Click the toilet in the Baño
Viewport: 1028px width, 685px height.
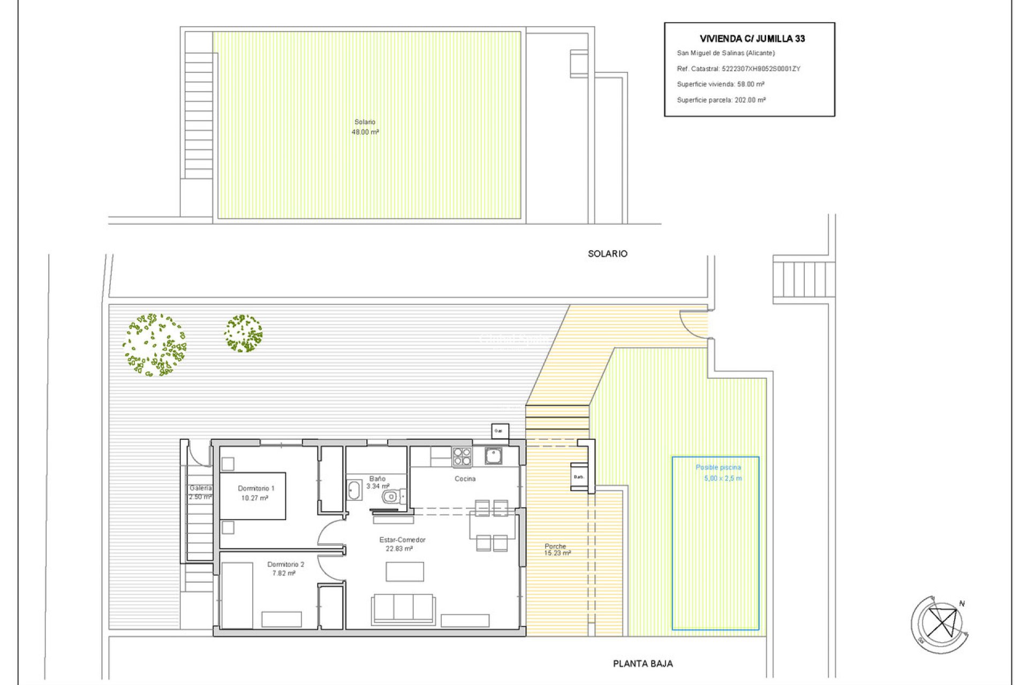point(391,497)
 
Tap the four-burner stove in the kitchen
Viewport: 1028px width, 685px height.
point(462,457)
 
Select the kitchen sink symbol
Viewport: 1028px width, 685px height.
point(493,456)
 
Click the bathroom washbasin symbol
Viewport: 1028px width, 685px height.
point(354,490)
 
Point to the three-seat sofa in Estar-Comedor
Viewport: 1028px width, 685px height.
point(403,608)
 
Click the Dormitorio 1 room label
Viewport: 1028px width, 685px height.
point(256,488)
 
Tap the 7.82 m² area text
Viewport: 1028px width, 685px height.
point(283,573)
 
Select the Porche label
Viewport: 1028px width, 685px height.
point(555,546)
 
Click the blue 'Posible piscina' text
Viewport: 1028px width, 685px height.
point(718,467)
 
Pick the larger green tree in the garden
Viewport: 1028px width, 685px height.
point(154,345)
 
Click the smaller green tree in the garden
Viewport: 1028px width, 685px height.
point(243,333)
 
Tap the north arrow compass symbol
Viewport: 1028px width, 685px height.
point(941,624)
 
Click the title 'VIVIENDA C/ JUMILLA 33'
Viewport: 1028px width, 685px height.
point(752,39)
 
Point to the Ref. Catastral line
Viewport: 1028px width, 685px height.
point(738,68)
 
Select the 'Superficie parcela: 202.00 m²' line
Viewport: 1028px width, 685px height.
point(721,100)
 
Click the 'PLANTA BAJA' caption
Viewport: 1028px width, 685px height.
point(642,664)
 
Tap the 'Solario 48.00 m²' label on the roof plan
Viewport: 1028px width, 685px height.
point(365,127)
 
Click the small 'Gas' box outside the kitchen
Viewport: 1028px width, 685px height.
point(500,431)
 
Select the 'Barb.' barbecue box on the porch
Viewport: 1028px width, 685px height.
point(578,476)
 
